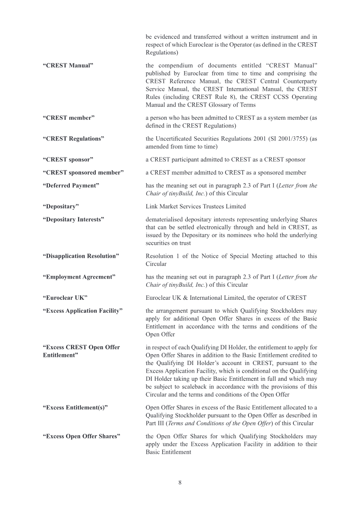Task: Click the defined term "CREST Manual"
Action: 68,66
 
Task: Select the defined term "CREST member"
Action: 68,118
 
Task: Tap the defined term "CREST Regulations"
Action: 73,139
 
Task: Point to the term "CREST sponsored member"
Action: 83,172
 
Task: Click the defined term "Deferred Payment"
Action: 71,185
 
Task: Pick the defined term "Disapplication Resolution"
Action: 81,256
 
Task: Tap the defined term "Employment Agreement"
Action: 79,277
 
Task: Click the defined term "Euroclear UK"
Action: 65,297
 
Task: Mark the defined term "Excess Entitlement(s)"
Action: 75,407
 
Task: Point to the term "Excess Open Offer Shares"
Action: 81,436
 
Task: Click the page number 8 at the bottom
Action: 180,482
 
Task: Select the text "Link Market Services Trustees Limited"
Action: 196,206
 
